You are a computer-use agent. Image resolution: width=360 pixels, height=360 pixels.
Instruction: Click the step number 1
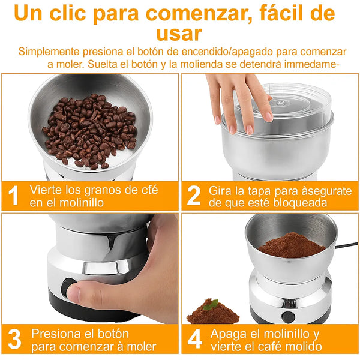14,195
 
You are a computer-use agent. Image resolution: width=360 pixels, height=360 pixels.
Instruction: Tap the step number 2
194,195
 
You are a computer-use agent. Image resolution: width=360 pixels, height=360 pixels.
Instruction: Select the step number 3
14,339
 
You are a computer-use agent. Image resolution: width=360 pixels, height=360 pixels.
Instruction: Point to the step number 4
194,339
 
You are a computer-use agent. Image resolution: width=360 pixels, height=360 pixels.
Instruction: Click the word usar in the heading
179,34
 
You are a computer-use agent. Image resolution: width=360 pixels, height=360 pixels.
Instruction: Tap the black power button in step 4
289,317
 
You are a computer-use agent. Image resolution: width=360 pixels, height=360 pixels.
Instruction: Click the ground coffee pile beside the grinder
213,312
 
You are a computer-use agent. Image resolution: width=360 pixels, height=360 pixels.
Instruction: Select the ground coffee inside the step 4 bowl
292,245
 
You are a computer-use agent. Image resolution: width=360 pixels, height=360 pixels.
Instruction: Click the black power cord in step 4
347,245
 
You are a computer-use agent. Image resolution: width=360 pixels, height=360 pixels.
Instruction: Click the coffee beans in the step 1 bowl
90,131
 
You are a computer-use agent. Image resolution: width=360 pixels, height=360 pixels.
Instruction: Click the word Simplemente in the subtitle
49,52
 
